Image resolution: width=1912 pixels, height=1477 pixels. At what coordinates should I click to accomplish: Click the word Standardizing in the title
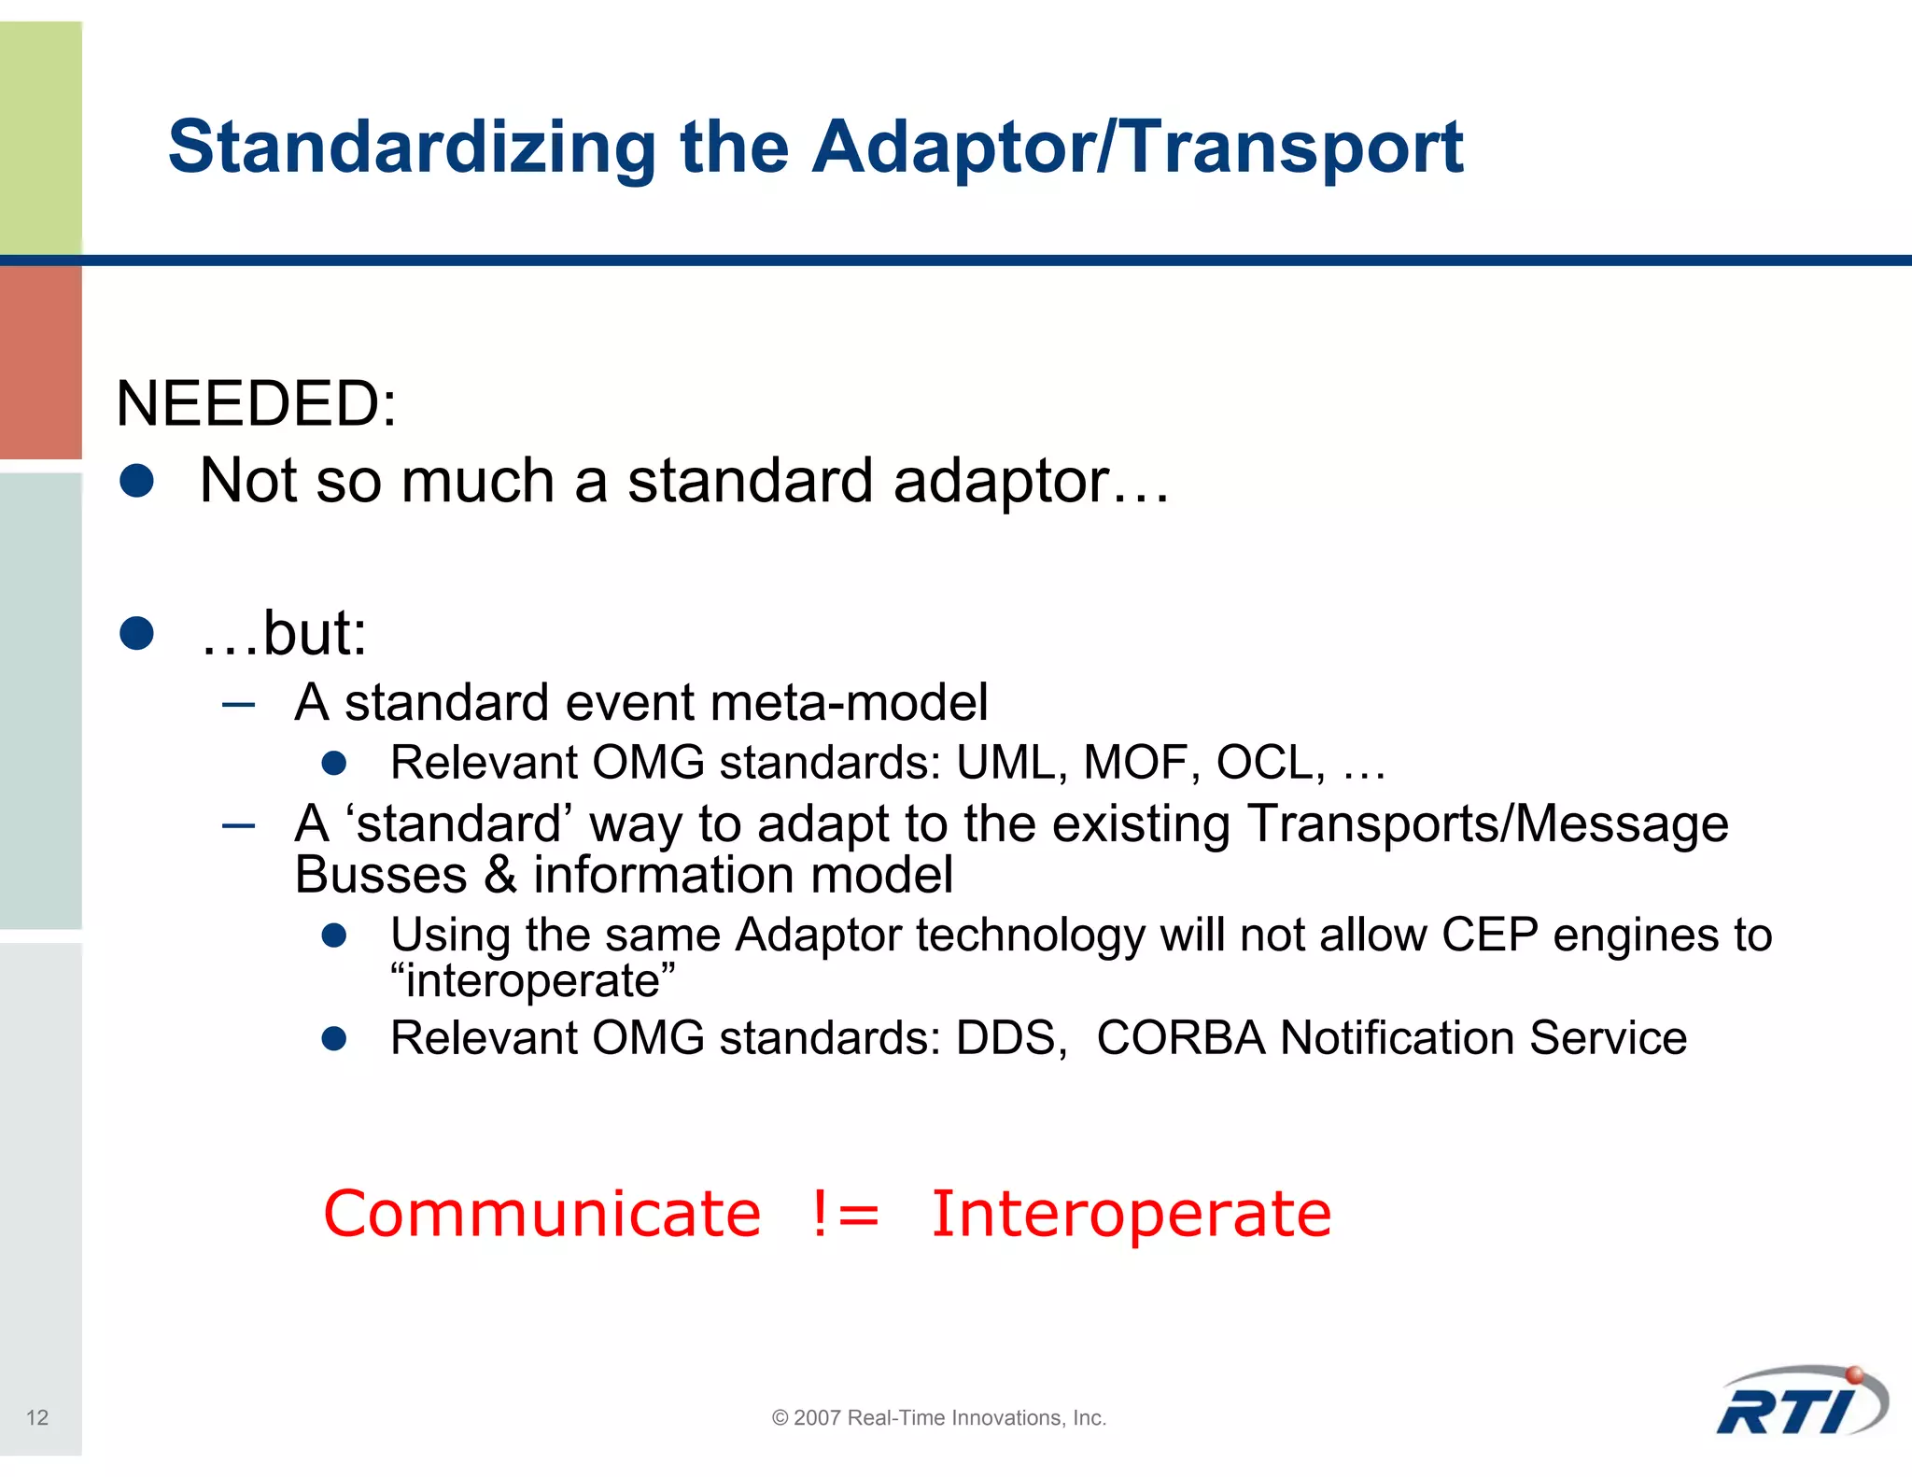pyautogui.click(x=411, y=148)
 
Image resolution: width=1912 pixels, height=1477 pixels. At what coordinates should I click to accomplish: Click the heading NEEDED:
pyautogui.click(x=256, y=404)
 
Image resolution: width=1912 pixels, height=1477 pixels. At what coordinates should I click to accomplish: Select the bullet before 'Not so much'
pyautogui.click(x=137, y=482)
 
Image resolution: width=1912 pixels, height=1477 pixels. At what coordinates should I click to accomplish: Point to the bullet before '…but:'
pyautogui.click(x=137, y=634)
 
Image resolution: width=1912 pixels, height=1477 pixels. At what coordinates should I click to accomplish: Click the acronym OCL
pyautogui.click(x=1268, y=763)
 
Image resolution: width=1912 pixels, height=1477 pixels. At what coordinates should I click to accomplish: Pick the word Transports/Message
pyautogui.click(x=1486, y=824)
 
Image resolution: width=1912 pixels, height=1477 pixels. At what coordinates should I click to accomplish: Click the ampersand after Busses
pyautogui.click(x=500, y=876)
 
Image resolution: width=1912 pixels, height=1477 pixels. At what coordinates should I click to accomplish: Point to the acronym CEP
pyautogui.click(x=1489, y=935)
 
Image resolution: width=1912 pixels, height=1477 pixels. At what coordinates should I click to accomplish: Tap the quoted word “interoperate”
pyautogui.click(x=532, y=980)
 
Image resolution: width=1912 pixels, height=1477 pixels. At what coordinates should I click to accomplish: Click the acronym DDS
pyautogui.click(x=1008, y=1038)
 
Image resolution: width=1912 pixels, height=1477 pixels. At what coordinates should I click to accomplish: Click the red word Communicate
pyautogui.click(x=542, y=1214)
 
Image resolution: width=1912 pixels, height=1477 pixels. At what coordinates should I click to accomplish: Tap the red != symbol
pyautogui.click(x=845, y=1214)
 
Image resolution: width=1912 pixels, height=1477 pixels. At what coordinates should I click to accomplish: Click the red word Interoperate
pyautogui.click(x=1131, y=1216)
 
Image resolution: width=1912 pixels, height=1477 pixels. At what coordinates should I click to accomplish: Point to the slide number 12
pyautogui.click(x=37, y=1417)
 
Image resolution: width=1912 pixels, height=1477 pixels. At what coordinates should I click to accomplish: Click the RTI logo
pyautogui.click(x=1800, y=1403)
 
